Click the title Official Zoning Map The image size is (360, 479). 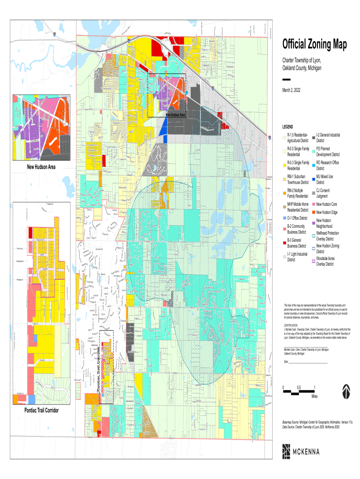tap(314, 45)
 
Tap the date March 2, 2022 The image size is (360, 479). tap(295, 90)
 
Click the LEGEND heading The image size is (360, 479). tap(288, 127)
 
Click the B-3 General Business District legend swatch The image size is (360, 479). tap(284, 242)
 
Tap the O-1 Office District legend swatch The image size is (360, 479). tap(284, 218)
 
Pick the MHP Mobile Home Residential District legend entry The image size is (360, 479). tap(297, 207)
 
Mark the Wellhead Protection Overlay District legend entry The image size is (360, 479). tap(327, 235)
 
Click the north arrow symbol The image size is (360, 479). tap(346, 391)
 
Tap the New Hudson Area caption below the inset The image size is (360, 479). tap(42, 167)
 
